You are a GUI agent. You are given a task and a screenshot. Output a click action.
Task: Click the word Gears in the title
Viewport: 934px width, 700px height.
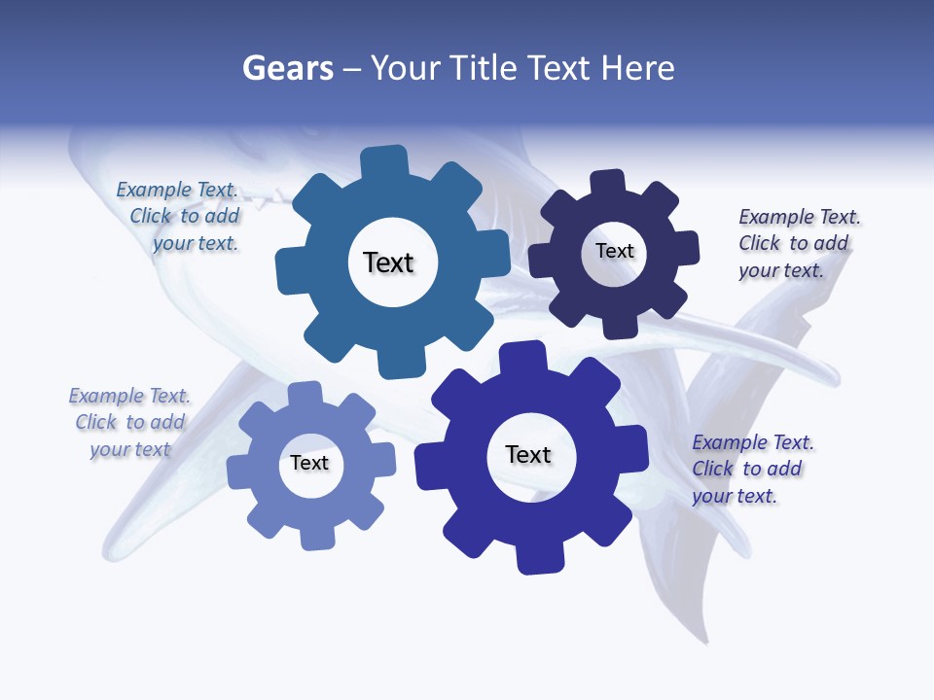point(287,68)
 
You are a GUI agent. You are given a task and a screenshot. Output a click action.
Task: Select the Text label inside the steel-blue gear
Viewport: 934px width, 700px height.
point(388,262)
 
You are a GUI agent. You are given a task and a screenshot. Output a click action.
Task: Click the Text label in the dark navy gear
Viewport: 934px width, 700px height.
point(614,251)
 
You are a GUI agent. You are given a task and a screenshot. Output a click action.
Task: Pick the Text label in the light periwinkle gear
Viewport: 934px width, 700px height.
point(309,463)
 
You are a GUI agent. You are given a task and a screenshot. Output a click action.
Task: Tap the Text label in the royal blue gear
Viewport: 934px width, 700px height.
point(528,454)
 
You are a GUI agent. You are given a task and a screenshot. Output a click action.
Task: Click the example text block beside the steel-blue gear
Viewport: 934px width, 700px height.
point(177,217)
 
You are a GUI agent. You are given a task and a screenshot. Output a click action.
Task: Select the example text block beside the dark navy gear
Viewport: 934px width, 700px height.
point(799,243)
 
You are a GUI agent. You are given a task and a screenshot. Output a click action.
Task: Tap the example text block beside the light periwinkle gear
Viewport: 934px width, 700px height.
point(129,422)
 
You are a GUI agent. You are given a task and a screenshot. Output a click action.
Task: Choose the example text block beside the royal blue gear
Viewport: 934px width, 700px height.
point(752,469)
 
